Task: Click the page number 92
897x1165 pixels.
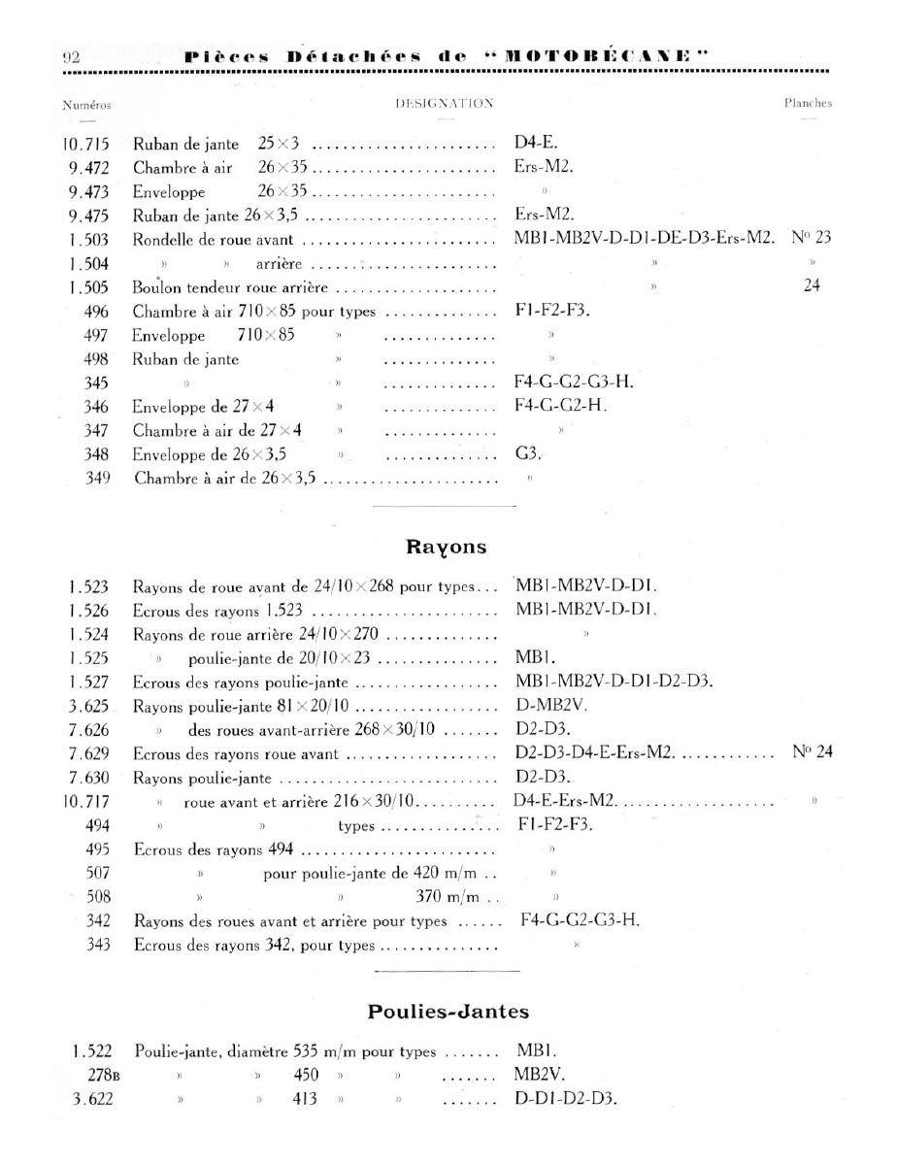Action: point(70,57)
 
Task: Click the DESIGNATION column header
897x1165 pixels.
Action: point(445,103)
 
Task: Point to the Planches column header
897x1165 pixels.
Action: point(808,103)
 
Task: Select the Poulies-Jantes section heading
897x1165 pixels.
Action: point(448,1012)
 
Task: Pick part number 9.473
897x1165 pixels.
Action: point(88,191)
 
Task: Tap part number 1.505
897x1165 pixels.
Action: point(88,286)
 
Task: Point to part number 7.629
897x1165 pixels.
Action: point(88,752)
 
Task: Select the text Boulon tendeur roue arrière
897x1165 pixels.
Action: point(228,287)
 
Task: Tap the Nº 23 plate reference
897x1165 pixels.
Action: point(812,239)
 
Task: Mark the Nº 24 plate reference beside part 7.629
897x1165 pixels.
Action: point(811,751)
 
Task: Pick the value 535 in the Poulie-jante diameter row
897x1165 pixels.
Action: point(309,1051)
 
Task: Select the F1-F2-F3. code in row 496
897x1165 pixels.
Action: point(552,311)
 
